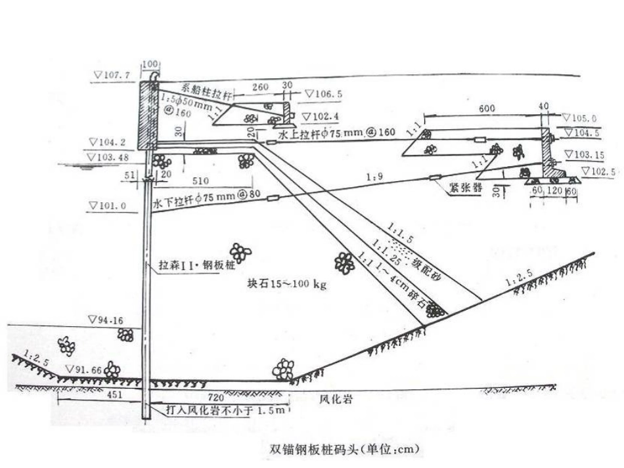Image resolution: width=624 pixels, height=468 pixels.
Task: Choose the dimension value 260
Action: tap(261, 86)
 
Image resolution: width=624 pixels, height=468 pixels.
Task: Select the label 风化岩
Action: tap(332, 398)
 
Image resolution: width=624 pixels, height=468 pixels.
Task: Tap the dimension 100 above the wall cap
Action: tap(150, 64)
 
